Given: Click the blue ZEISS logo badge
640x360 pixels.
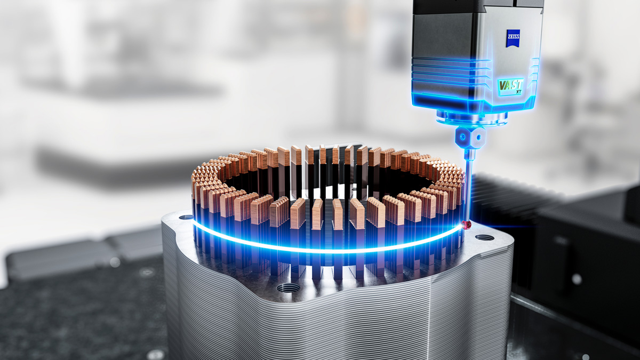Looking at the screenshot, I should pyautogui.click(x=513, y=38).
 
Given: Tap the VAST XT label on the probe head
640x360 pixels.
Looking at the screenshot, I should pyautogui.click(x=511, y=86).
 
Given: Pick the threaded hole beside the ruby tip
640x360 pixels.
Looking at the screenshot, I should pyautogui.click(x=484, y=237).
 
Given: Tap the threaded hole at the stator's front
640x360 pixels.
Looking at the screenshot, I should pyautogui.click(x=289, y=288).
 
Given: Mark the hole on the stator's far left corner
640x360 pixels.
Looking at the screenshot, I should pyautogui.click(x=186, y=217).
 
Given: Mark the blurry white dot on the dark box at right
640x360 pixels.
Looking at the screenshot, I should pyautogui.click(x=576, y=279).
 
